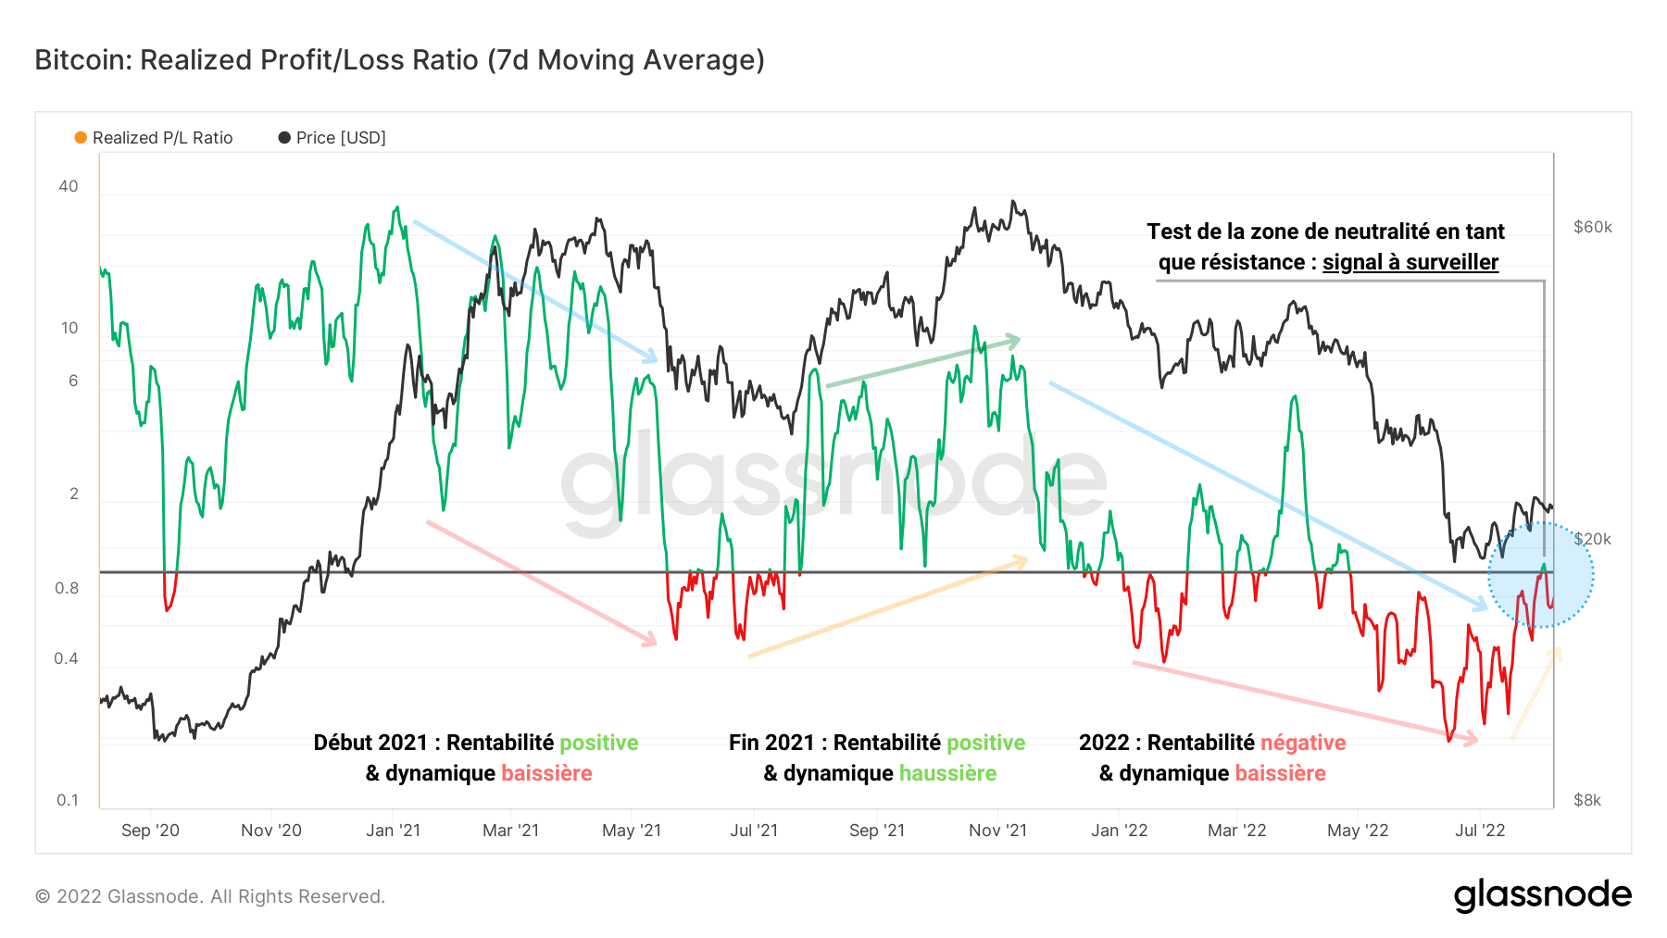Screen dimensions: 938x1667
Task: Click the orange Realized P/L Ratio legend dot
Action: click(81, 138)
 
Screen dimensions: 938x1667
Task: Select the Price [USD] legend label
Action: click(340, 138)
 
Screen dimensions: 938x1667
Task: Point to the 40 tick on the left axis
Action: click(69, 186)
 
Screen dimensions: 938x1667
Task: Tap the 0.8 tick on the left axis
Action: click(67, 588)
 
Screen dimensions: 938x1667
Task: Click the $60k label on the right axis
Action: click(1592, 227)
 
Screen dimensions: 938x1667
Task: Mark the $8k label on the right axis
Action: click(1586, 800)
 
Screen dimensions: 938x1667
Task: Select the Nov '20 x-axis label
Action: click(271, 831)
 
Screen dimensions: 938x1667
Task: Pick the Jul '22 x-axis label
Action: click(1480, 831)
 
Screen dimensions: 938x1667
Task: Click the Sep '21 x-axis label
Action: click(876, 831)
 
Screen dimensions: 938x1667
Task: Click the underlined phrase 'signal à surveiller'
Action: click(1410, 262)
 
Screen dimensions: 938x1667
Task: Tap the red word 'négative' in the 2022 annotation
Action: click(1303, 743)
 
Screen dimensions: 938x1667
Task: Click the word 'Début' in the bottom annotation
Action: click(344, 743)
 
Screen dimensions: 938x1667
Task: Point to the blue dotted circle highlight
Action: click(1539, 575)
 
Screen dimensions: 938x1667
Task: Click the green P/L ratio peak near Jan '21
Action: click(397, 208)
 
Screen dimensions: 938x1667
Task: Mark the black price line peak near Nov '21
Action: click(1013, 202)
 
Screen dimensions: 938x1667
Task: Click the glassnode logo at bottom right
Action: click(1542, 894)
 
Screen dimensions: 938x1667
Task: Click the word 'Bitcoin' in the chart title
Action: click(83, 60)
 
